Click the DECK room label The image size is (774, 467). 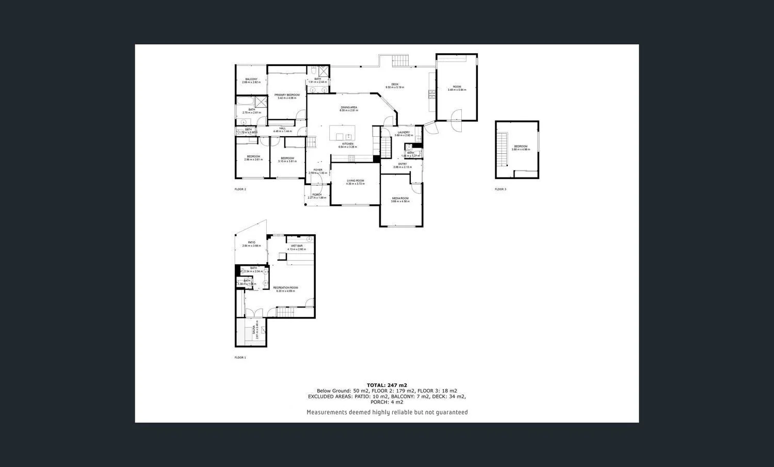point(395,85)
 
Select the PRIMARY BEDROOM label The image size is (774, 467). point(287,95)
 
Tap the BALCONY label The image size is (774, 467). point(251,79)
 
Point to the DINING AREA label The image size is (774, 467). point(349,107)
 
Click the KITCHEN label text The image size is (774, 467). point(348,144)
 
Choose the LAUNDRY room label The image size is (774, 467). point(404,133)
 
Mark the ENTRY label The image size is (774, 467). point(402,164)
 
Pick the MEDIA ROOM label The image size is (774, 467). point(400,198)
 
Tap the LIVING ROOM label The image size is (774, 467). point(355,181)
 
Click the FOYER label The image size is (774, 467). point(318,170)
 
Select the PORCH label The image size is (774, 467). point(317,195)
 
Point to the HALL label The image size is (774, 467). point(282,128)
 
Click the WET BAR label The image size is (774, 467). point(297,246)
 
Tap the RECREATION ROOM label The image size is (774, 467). point(285,288)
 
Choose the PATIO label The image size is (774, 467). point(251,243)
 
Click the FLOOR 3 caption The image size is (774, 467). point(501,189)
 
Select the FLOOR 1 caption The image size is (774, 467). point(240,358)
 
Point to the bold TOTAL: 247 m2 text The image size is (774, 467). point(386,385)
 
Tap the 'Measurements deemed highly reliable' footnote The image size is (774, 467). point(387,412)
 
